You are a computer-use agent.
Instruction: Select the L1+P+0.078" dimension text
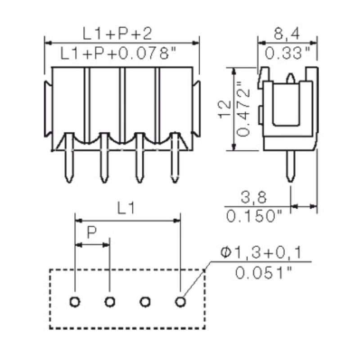(118, 54)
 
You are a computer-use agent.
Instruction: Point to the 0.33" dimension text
(288, 54)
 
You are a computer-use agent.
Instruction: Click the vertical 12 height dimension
(224, 109)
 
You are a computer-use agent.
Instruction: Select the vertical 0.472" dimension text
(243, 109)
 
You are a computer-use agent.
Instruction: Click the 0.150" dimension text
(254, 217)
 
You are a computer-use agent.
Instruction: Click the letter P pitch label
(92, 233)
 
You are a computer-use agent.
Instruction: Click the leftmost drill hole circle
(75, 301)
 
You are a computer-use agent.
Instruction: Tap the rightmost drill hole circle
(180, 301)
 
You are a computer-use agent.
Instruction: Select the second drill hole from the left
(110, 301)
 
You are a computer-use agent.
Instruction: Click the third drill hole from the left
(145, 301)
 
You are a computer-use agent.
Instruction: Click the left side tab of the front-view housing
(48, 108)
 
